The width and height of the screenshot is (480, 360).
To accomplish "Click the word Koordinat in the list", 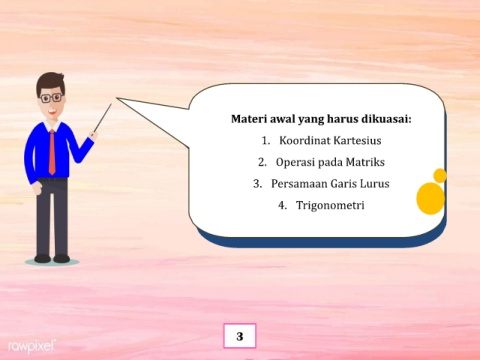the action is (x=305, y=140).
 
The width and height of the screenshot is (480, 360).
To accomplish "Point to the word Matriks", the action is (x=365, y=162).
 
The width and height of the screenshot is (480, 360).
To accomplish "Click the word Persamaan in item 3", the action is (x=299, y=184).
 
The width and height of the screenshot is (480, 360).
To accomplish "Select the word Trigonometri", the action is (x=330, y=205).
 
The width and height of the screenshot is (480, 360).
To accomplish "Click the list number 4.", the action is (x=282, y=205).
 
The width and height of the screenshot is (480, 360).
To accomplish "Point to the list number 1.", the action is (x=265, y=141).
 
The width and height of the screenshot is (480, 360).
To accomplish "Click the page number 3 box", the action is (x=240, y=336).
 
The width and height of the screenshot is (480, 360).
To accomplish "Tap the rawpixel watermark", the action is (x=32, y=347).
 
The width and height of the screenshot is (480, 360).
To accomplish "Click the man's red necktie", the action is (x=52, y=152).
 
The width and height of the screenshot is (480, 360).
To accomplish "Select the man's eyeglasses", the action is (x=51, y=98).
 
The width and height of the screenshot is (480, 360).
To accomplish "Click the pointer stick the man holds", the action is (x=102, y=118).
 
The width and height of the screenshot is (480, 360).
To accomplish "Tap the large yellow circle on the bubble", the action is (x=431, y=199).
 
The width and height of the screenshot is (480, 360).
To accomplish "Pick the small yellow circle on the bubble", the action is (x=440, y=176).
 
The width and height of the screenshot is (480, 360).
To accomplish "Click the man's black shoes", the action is (x=52, y=258).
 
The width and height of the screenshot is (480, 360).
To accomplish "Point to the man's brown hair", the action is (x=50, y=82).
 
